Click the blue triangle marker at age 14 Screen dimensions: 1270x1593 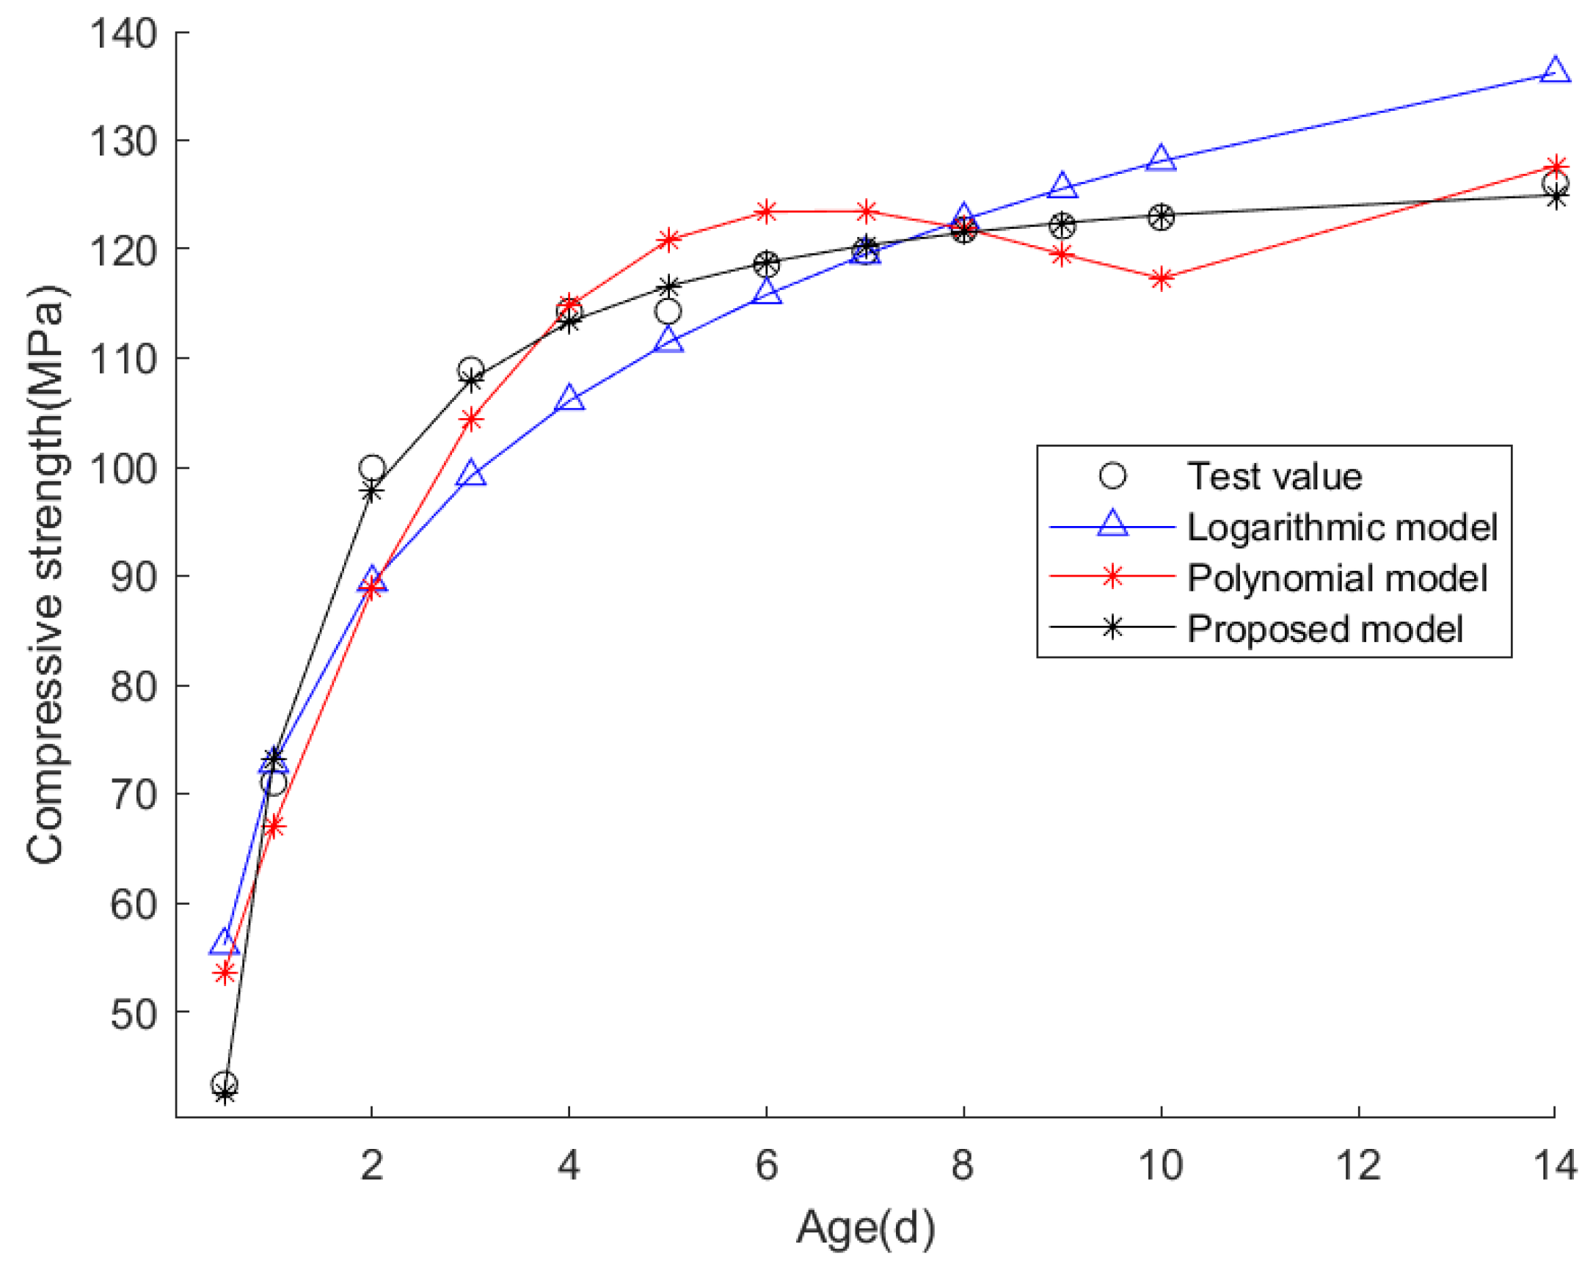click(x=1555, y=71)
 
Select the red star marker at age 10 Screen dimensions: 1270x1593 click(x=1161, y=280)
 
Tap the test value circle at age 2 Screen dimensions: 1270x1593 click(x=371, y=467)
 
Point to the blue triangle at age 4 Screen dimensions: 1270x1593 click(x=569, y=399)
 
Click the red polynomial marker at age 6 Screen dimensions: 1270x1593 click(x=766, y=212)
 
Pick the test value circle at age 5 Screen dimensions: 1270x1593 click(x=668, y=312)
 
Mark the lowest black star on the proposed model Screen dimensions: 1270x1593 click(x=225, y=1095)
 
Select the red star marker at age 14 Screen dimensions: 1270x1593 click(x=1556, y=167)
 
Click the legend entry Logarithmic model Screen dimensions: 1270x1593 click(x=1342, y=527)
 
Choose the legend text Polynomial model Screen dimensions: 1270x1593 click(x=1337, y=577)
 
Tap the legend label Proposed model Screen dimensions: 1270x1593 click(x=1324, y=629)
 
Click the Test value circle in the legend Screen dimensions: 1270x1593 click(x=1112, y=475)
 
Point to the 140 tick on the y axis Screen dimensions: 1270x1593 click(x=123, y=33)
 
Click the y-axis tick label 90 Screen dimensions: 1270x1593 click(x=134, y=576)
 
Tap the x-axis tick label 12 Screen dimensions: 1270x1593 click(x=1358, y=1166)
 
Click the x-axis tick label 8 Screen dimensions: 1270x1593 click(x=962, y=1166)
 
